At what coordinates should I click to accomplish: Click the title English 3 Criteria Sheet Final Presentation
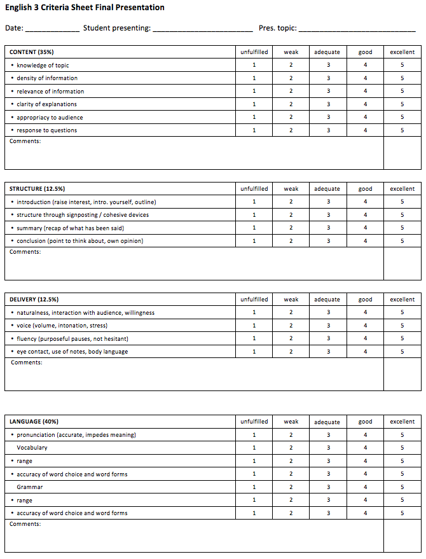[x=85, y=8]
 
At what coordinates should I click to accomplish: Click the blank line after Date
[x=52, y=29]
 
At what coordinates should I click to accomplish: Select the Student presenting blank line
[x=203, y=29]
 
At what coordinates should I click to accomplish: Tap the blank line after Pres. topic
[x=357, y=29]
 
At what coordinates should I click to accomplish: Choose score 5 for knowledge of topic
[x=402, y=66]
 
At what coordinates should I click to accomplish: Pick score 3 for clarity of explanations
[x=328, y=104]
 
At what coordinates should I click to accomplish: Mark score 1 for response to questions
[x=254, y=130]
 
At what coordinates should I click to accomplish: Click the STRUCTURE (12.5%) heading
[x=37, y=189]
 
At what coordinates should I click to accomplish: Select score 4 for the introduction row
[x=366, y=202]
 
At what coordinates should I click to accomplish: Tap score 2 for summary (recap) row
[x=291, y=228]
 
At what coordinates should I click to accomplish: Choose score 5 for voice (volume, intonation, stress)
[x=402, y=326]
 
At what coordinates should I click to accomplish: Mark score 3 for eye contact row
[x=328, y=352]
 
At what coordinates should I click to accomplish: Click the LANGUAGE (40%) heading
[x=34, y=422]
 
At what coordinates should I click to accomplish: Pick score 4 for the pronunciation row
[x=366, y=435]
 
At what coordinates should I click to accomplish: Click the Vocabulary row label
[x=32, y=448]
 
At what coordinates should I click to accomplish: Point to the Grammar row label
[x=30, y=487]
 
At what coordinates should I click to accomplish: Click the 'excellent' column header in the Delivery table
[x=402, y=300]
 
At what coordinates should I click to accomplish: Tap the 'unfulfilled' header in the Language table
[x=254, y=422]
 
